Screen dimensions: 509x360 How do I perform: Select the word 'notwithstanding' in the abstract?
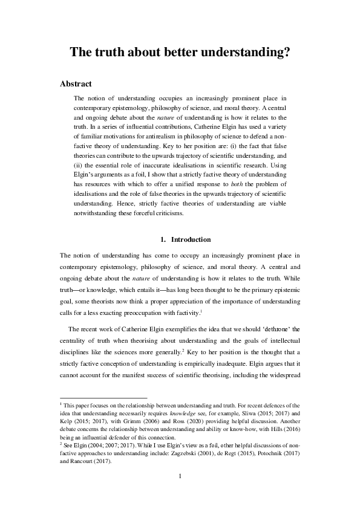[97, 213]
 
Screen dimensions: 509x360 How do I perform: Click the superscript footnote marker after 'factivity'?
[217, 310]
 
